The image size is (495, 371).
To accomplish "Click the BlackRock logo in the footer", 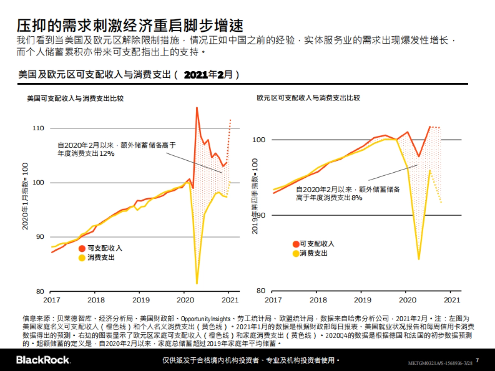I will [x=43, y=360].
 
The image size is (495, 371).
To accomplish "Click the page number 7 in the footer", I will [x=477, y=360].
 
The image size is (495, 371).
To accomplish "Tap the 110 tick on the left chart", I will [x=38, y=128].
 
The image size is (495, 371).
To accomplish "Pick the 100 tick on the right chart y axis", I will [x=259, y=140].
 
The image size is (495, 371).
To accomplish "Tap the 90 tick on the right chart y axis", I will [x=260, y=215].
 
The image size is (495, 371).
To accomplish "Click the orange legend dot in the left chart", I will [x=82, y=249].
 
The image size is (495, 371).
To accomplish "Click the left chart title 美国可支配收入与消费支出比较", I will [x=75, y=99].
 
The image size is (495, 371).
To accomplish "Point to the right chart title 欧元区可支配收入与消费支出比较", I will [x=308, y=98].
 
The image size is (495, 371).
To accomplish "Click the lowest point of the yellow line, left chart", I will [x=197, y=283].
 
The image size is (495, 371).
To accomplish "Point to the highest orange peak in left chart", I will [x=197, y=108].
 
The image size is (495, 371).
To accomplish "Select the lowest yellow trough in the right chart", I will [x=419, y=259].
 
